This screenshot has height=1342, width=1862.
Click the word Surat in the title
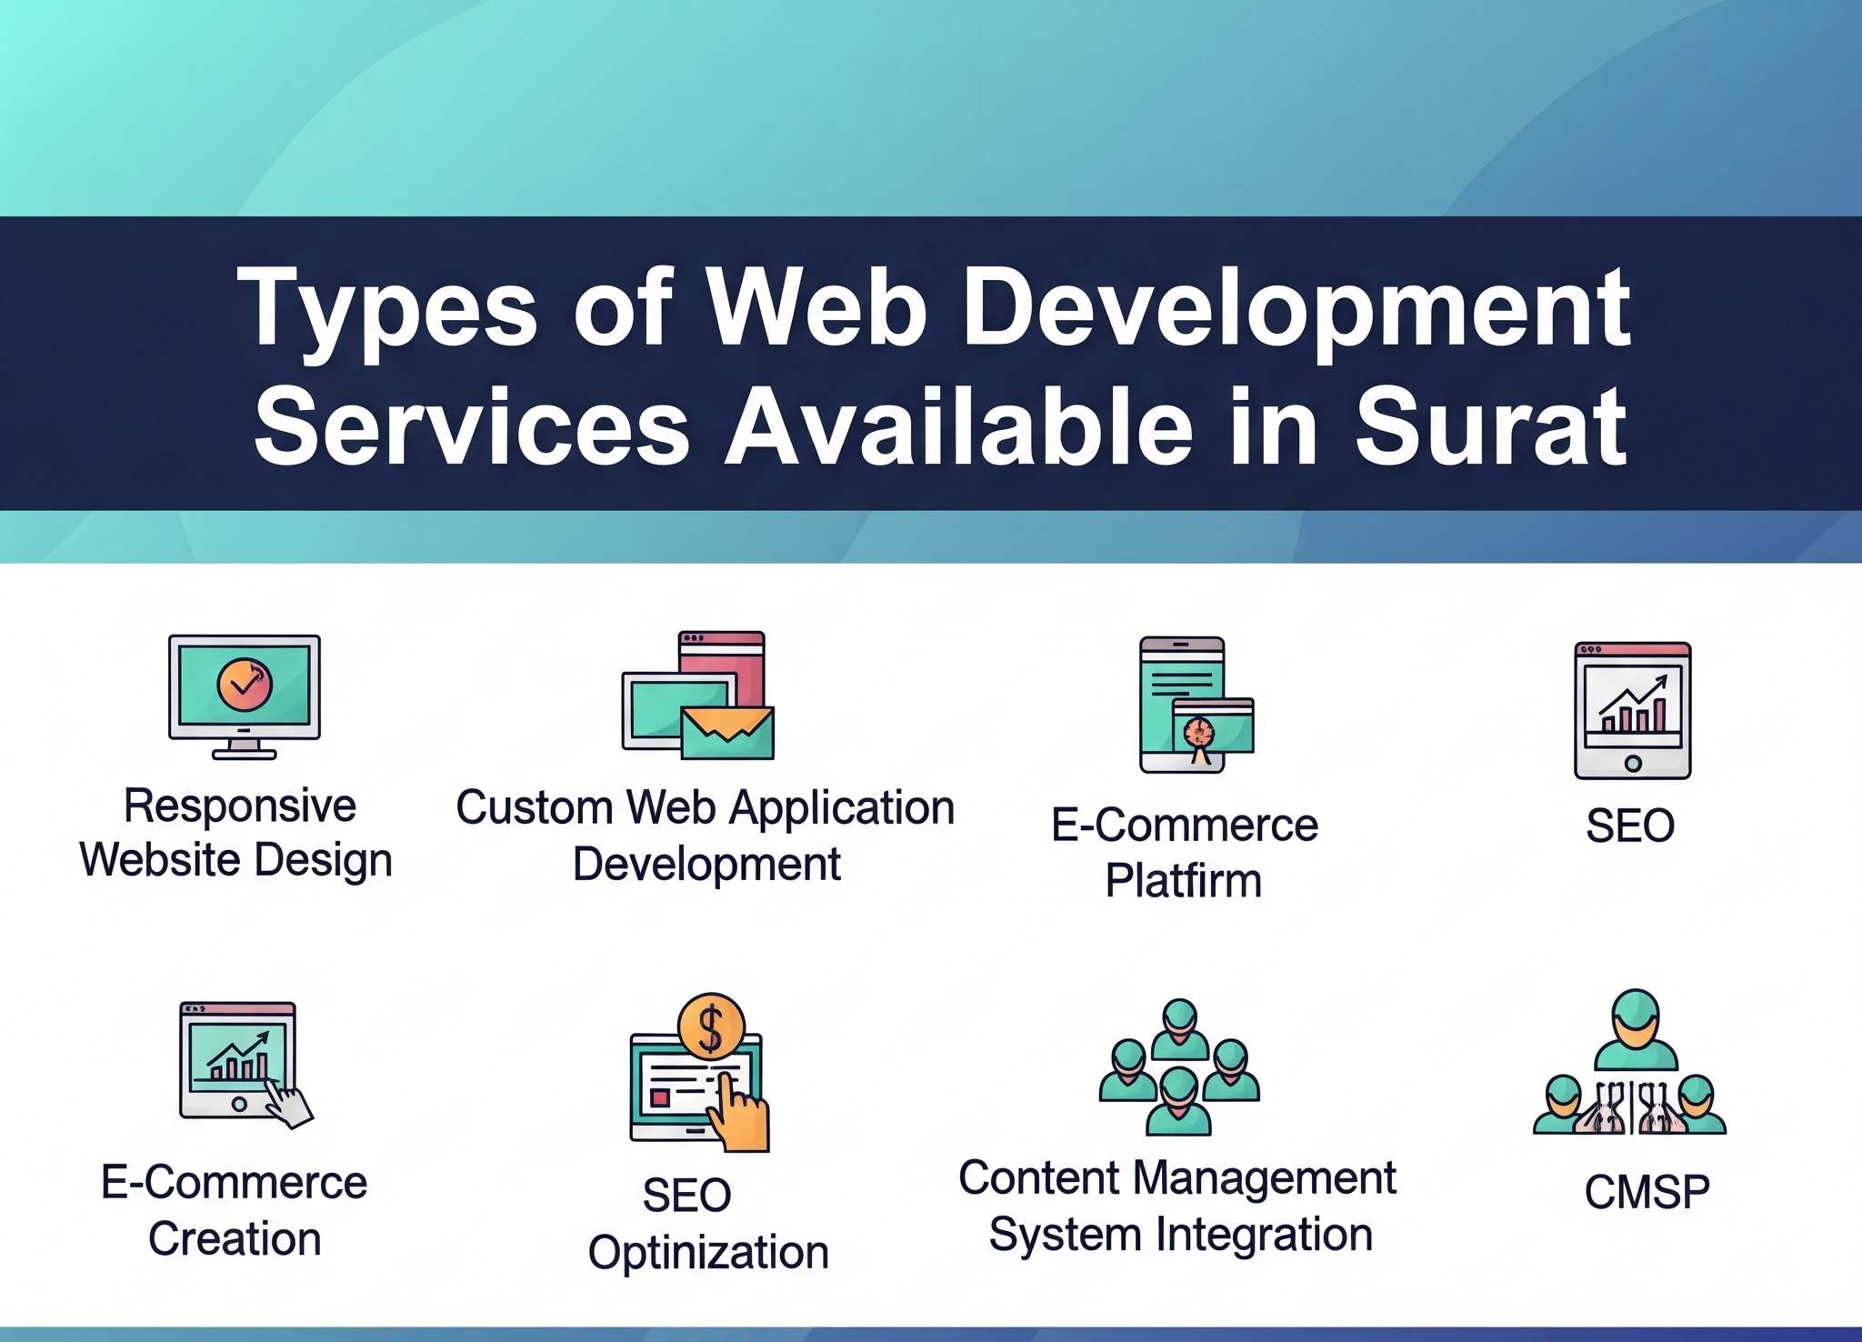coord(1491,426)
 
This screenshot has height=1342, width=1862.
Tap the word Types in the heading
coord(387,309)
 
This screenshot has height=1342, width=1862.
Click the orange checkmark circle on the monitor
coord(245,685)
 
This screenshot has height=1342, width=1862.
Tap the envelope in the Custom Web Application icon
coord(727,732)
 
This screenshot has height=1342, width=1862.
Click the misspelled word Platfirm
coord(1184,880)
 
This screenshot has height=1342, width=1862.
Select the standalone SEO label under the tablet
coord(1630,826)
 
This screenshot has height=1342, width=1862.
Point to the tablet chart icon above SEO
coord(1633,710)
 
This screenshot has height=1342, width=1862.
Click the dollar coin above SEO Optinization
coord(711,1026)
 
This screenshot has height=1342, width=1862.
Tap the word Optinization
coord(708,1252)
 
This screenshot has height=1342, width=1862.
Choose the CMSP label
coord(1647,1192)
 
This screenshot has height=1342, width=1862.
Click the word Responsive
coord(240,806)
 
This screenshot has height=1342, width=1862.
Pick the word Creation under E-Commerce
coord(235,1238)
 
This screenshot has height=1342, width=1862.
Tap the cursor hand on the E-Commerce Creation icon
coord(288,1104)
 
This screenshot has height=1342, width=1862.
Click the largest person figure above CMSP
coord(1635,1029)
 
